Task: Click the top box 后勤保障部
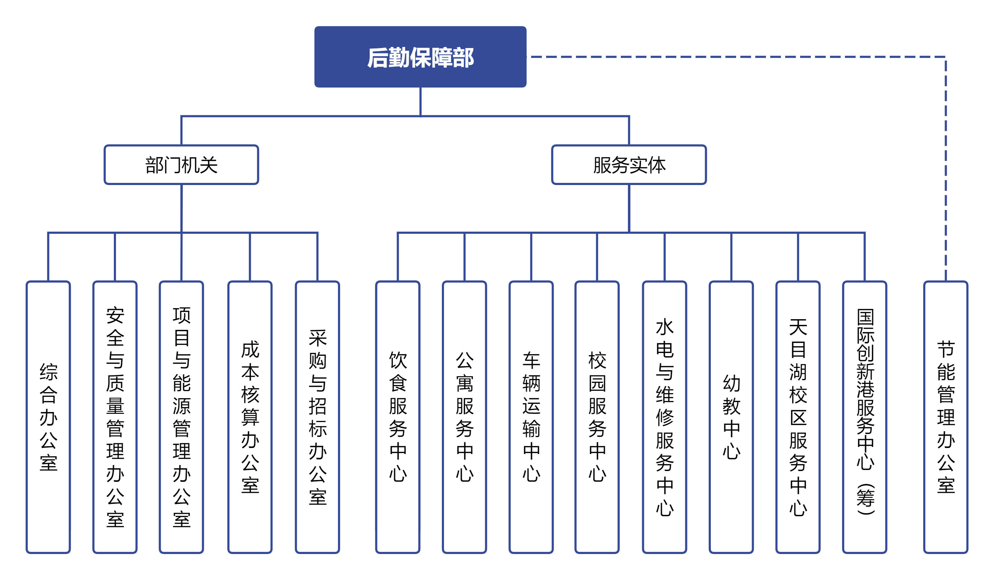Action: [420, 57]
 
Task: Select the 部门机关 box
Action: [181, 164]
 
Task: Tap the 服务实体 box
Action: [629, 164]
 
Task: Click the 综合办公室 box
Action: [48, 417]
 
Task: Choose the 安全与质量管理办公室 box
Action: [115, 417]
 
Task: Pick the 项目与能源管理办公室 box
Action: [181, 417]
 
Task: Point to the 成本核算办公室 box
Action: [250, 417]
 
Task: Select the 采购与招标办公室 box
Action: [318, 417]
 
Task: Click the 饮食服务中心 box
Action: [398, 417]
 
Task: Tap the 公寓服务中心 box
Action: [464, 417]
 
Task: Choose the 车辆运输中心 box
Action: [531, 417]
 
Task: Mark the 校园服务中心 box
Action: [597, 417]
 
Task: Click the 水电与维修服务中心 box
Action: [665, 417]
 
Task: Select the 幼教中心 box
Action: [731, 417]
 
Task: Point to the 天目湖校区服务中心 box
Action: [798, 417]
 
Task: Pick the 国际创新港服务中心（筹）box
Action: [865, 417]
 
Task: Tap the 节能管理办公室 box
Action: [946, 417]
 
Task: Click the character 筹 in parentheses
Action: [866, 498]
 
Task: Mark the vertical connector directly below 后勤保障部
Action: [421, 102]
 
